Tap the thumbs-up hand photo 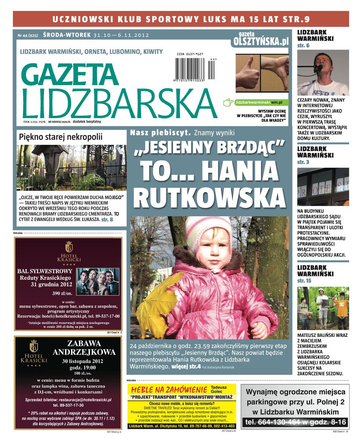point(247,73)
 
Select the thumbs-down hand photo point(274,73)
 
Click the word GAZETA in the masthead point(72,75)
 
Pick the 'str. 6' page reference point(303,45)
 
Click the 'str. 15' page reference point(304,280)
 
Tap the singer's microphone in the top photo point(319,68)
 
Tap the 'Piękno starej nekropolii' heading point(61,137)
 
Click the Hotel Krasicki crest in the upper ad point(69,246)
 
